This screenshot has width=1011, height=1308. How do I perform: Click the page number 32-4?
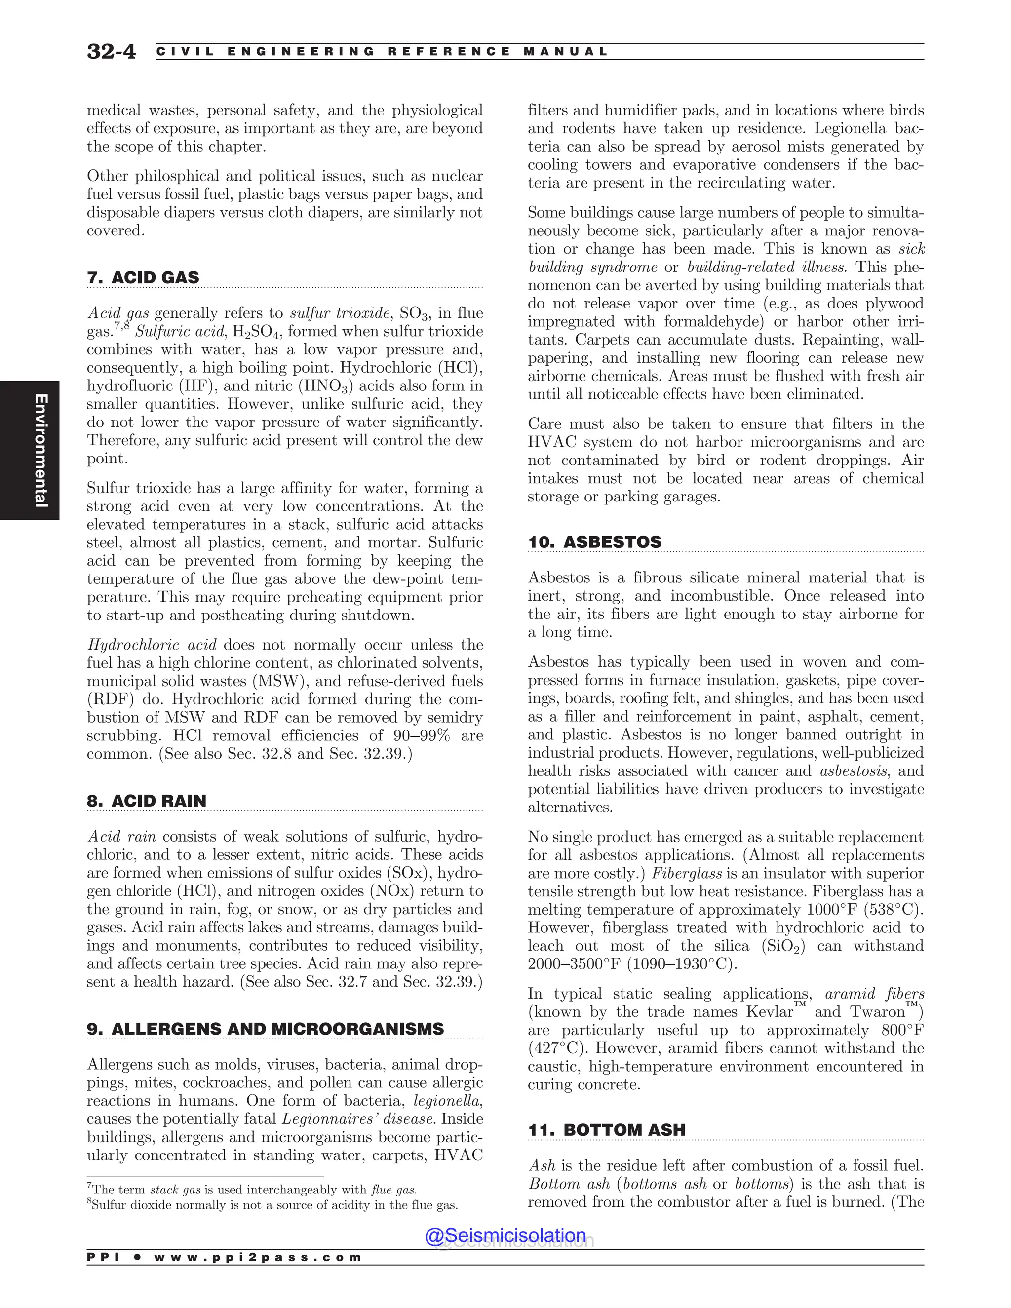coord(112,51)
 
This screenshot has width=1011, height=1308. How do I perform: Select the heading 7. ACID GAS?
coord(143,278)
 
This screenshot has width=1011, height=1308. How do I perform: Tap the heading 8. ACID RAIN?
coord(147,801)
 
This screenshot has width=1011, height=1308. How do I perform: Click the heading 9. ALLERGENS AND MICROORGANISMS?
coord(265,1029)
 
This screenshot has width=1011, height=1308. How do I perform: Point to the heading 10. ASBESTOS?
coord(594,542)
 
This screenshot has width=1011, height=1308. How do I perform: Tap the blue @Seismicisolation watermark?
coord(505,1235)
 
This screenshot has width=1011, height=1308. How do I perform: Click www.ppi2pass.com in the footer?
coord(258,1257)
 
